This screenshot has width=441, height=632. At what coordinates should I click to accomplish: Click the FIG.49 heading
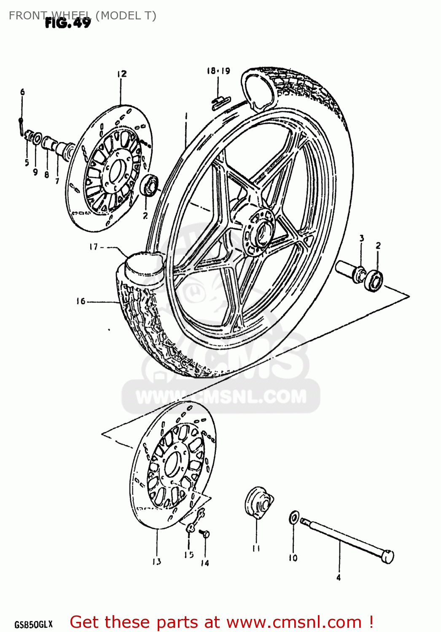[x=68, y=23]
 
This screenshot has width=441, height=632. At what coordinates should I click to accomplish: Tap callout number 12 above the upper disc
[x=122, y=74]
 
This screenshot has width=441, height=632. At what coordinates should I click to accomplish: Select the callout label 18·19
[x=218, y=71]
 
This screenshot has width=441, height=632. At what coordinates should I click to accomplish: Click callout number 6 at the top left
[x=22, y=92]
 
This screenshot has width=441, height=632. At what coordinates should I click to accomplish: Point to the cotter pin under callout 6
[x=21, y=126]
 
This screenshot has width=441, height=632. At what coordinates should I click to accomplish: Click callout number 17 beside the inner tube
[x=94, y=247]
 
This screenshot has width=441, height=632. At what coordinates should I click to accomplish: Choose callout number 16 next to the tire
[x=81, y=301]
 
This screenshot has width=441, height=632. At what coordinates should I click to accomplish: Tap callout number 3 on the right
[x=361, y=238]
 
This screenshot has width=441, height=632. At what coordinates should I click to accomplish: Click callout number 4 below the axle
[x=339, y=578]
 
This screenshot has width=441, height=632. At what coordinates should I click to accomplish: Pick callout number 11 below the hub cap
[x=256, y=548]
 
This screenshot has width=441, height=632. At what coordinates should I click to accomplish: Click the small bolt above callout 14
[x=205, y=533]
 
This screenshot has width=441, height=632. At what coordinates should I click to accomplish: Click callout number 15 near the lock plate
[x=188, y=555]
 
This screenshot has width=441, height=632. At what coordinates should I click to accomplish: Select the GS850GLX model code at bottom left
[x=34, y=624]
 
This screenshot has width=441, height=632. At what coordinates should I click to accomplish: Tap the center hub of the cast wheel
[x=262, y=231]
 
